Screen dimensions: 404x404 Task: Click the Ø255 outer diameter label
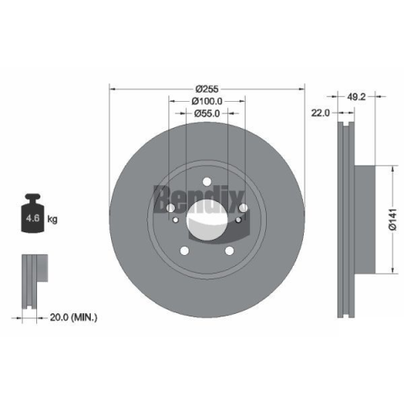[207, 89]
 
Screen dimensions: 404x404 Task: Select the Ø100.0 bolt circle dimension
[207, 101]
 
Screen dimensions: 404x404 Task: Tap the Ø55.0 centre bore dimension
[207, 114]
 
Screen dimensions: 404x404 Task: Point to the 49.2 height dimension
[356, 97]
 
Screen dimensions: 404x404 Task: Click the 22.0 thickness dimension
[321, 113]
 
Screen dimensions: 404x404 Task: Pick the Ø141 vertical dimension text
[393, 220]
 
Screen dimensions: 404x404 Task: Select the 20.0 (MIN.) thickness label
[73, 317]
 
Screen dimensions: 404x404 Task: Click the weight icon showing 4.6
[33, 213]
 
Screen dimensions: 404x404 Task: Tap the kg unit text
[52, 219]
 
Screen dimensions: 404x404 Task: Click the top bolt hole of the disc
[207, 182]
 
